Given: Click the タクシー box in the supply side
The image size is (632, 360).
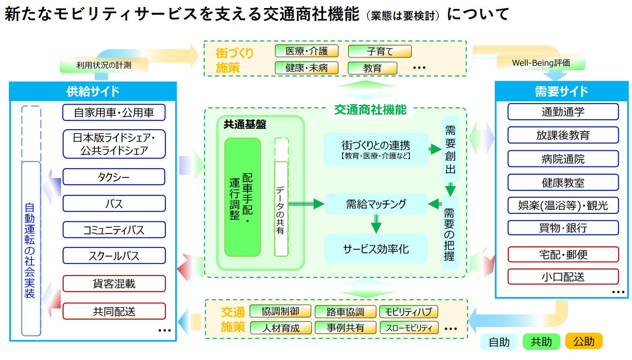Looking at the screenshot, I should click(114, 177).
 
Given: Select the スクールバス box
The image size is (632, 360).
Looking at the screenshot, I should click(114, 256).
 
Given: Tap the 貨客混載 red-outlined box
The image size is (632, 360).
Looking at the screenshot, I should click(114, 284).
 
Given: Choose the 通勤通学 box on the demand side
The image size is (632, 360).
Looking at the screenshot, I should click(563, 112).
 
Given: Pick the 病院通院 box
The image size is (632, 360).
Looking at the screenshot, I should click(563, 159).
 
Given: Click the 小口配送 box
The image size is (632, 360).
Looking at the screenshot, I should click(563, 277).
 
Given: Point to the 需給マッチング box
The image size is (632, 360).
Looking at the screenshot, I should click(376, 204).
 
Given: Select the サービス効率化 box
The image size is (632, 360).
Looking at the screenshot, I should click(376, 249).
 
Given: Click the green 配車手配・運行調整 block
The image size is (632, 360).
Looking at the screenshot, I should click(242, 197).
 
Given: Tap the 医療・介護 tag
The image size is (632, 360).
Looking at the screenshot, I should click(306, 51).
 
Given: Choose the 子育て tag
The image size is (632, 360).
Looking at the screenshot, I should click(379, 51).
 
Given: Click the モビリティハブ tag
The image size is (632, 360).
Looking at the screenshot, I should click(408, 312).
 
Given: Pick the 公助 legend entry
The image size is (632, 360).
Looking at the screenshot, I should click(584, 341).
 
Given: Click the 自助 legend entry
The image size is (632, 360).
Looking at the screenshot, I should click(499, 342).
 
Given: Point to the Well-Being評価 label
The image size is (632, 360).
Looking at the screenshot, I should click(541, 63).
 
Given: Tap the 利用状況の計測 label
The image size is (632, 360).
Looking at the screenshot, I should click(104, 65).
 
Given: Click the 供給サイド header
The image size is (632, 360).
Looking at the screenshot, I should click(93, 92).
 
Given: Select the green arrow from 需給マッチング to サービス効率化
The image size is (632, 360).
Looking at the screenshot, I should click(376, 224).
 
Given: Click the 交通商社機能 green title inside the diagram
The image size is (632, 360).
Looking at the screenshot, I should click(370, 110).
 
